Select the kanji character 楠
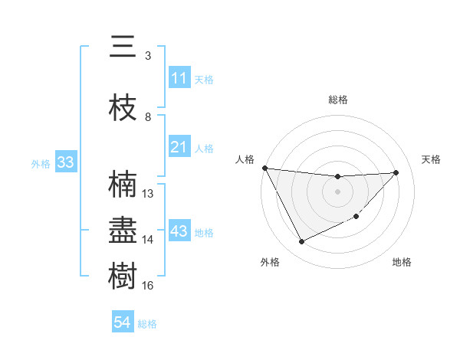point(123,185)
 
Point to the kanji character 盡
point(123,231)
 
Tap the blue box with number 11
point(179,79)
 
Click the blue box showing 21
point(179,147)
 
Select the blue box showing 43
point(179,232)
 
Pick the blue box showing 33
point(65,162)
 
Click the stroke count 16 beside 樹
point(148,286)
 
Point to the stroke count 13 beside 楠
point(148,194)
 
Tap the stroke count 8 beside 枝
point(148,117)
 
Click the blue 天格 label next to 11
point(204,80)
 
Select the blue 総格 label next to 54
point(147,324)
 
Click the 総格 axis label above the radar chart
point(337,100)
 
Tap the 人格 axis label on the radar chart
point(245,159)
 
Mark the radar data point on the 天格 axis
point(396,172)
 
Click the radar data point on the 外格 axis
point(301,242)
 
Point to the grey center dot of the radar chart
point(337,191)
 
